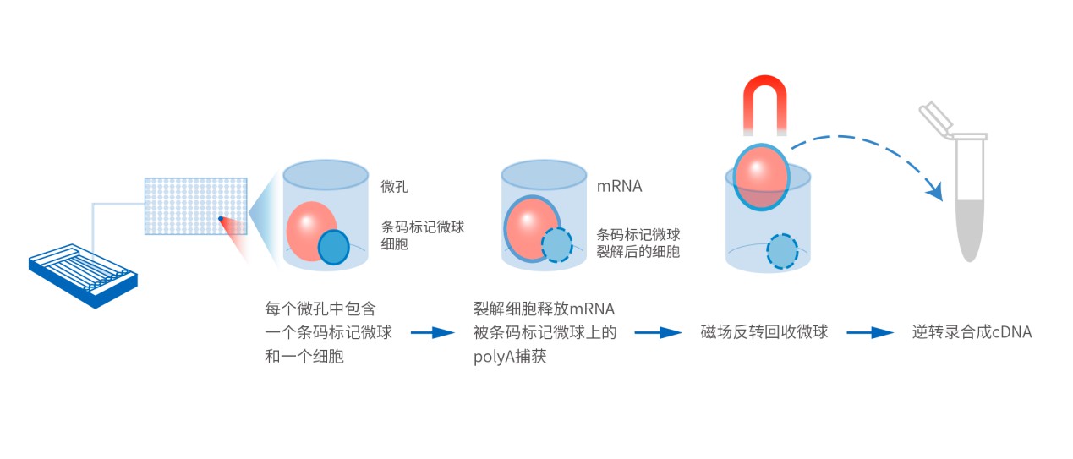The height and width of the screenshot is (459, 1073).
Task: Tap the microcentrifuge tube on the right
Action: coord(970,201)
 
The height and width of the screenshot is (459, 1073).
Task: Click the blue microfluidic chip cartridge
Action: coord(83,276)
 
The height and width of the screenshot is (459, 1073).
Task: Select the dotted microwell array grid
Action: coord(196,206)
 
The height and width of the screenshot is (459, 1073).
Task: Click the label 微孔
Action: coord(394,186)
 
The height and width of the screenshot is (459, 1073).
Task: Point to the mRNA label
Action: coord(619,186)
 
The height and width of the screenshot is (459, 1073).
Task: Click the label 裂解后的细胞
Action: coord(638,251)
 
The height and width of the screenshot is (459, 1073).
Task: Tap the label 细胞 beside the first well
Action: coord(394,243)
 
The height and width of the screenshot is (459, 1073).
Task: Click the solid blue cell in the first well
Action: coord(334,247)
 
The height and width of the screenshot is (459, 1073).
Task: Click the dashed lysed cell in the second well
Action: coord(557,245)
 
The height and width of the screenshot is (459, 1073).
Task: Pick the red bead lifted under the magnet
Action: coord(761,177)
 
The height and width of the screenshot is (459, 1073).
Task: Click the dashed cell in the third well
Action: coord(782,251)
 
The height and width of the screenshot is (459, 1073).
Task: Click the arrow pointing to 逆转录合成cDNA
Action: coord(870,332)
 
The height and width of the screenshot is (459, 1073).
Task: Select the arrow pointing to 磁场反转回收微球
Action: coord(658,332)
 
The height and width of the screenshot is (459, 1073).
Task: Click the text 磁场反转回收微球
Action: coord(764,332)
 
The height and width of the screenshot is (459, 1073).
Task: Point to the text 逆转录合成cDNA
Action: coord(972,332)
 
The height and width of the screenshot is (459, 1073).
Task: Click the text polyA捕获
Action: coord(510,357)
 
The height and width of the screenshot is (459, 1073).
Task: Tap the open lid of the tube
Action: coord(935,117)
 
